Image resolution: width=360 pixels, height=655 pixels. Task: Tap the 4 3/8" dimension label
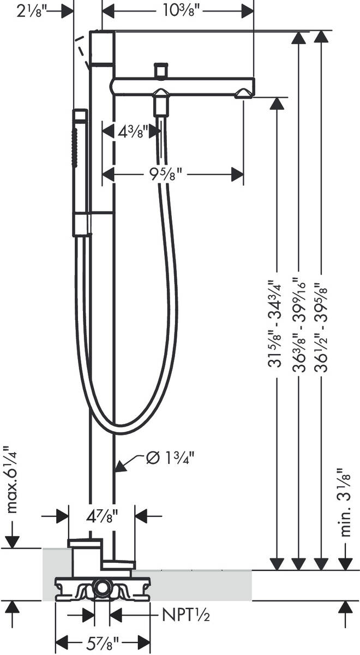[x=128, y=132]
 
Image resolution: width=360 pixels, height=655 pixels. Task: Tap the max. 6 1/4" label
[x=11, y=480]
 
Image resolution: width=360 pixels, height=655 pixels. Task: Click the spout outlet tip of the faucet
[x=243, y=96]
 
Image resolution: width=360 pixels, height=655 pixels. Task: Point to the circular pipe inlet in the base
[x=101, y=588]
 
